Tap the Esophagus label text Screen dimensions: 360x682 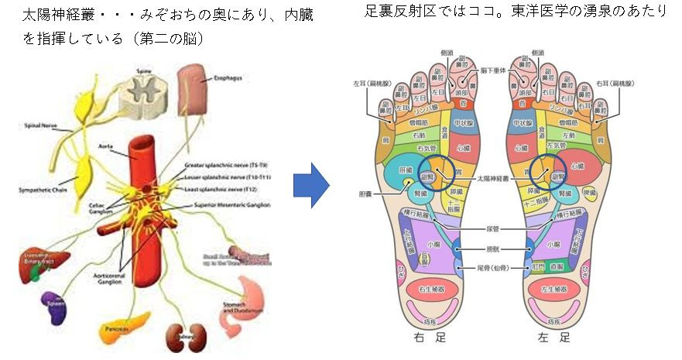coord(225,77)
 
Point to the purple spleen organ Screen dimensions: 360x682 coord(53,302)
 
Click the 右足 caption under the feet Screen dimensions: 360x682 coord(424,338)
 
